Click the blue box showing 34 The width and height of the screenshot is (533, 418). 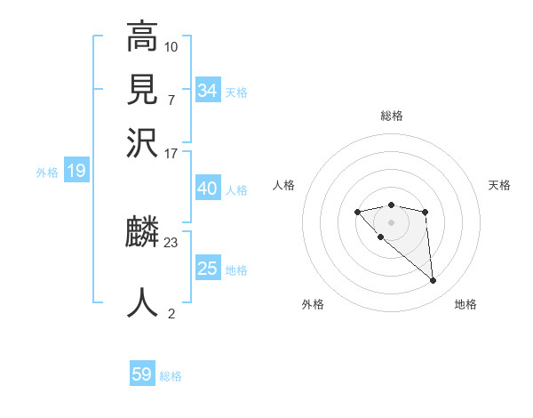pyautogui.click(x=208, y=91)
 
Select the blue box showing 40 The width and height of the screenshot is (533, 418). pyautogui.click(x=208, y=189)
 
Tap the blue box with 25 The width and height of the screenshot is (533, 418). pyautogui.click(x=208, y=269)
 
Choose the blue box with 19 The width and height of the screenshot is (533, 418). pyautogui.click(x=76, y=172)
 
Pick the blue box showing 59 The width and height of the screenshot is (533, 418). pyautogui.click(x=142, y=374)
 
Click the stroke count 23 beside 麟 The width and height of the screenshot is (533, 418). pyautogui.click(x=171, y=242)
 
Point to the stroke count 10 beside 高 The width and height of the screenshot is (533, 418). pyautogui.click(x=171, y=45)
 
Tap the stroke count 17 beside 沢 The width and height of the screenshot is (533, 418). pyautogui.click(x=171, y=152)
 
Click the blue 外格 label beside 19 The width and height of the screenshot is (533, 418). pyautogui.click(x=47, y=173)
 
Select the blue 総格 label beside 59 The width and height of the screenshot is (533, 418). pyautogui.click(x=171, y=376)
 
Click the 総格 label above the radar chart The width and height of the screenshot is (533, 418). pyautogui.click(x=391, y=116)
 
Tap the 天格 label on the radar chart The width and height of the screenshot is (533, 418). pyautogui.click(x=499, y=185)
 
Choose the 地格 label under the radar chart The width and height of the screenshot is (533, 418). pyautogui.click(x=465, y=304)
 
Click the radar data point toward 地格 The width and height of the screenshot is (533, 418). pyautogui.click(x=434, y=281)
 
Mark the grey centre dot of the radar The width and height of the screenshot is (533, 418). pyautogui.click(x=391, y=221)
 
